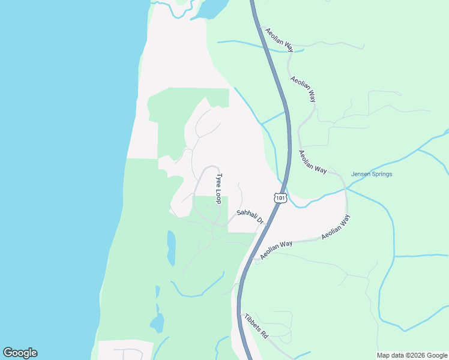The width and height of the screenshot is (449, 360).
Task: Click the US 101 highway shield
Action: (x=280, y=197)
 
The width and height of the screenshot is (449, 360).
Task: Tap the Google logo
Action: (x=20, y=353)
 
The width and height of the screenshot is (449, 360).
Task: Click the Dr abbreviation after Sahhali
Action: (x=261, y=221)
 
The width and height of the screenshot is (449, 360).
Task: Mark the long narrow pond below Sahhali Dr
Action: (x=172, y=248)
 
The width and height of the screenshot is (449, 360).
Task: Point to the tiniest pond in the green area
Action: (x=157, y=292)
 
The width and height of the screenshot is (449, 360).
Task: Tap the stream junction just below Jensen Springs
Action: (x=346, y=189)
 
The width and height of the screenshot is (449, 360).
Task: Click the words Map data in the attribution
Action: (x=391, y=355)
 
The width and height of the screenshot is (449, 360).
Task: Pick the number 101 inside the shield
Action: (x=280, y=197)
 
